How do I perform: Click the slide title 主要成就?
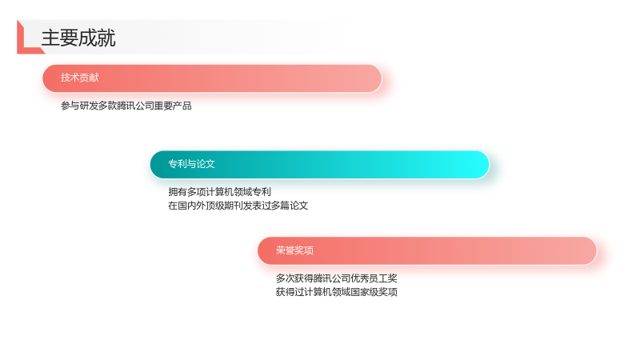click(x=78, y=38)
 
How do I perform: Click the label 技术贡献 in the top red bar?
click(x=80, y=78)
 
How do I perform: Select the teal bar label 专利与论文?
click(x=191, y=164)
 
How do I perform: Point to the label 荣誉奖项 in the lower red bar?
click(x=294, y=250)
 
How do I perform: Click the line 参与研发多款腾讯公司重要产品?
click(x=126, y=106)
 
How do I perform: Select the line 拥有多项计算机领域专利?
click(x=219, y=192)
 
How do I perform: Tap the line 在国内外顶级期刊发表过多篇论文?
click(x=238, y=206)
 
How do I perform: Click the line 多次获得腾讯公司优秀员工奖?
click(x=336, y=278)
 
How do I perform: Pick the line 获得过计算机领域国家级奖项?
click(x=336, y=292)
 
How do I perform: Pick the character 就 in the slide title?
click(x=106, y=38)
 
